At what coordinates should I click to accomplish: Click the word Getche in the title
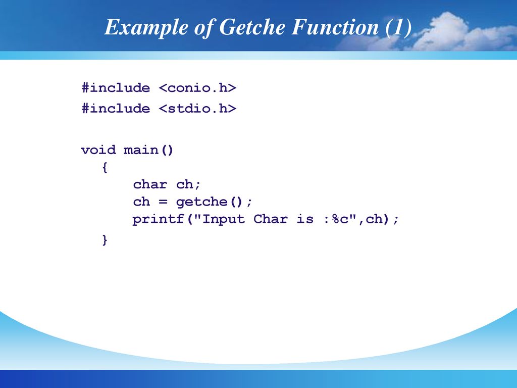[252, 27]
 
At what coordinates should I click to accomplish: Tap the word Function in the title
[335, 27]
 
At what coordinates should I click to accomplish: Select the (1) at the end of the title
[399, 27]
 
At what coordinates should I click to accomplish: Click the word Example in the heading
[146, 28]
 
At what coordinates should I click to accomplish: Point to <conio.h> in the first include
[197, 88]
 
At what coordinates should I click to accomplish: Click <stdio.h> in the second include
[197, 109]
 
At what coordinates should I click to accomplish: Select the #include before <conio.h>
[116, 88]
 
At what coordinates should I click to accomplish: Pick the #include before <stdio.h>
[116, 109]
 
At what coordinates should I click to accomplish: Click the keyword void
[98, 150]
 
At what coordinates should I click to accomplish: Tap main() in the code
[148, 150]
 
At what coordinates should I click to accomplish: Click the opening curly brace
[105, 167]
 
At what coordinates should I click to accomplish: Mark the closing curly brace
[105, 240]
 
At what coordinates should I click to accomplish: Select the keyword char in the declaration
[150, 184]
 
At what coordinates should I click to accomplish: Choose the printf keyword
[158, 219]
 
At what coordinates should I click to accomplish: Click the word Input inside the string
[223, 219]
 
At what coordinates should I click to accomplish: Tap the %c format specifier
[340, 219]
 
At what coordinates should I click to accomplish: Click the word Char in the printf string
[271, 219]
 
